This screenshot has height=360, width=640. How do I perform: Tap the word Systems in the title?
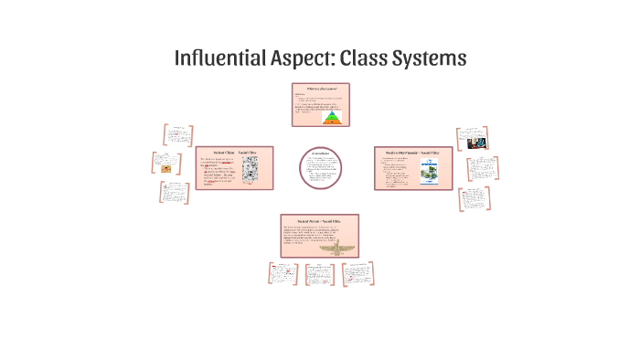[432, 57]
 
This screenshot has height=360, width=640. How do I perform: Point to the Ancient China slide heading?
[226, 152]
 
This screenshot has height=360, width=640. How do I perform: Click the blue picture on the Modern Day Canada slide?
[428, 174]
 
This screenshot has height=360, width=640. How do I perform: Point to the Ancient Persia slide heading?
[319, 221]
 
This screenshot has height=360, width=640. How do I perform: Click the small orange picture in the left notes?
[165, 168]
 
